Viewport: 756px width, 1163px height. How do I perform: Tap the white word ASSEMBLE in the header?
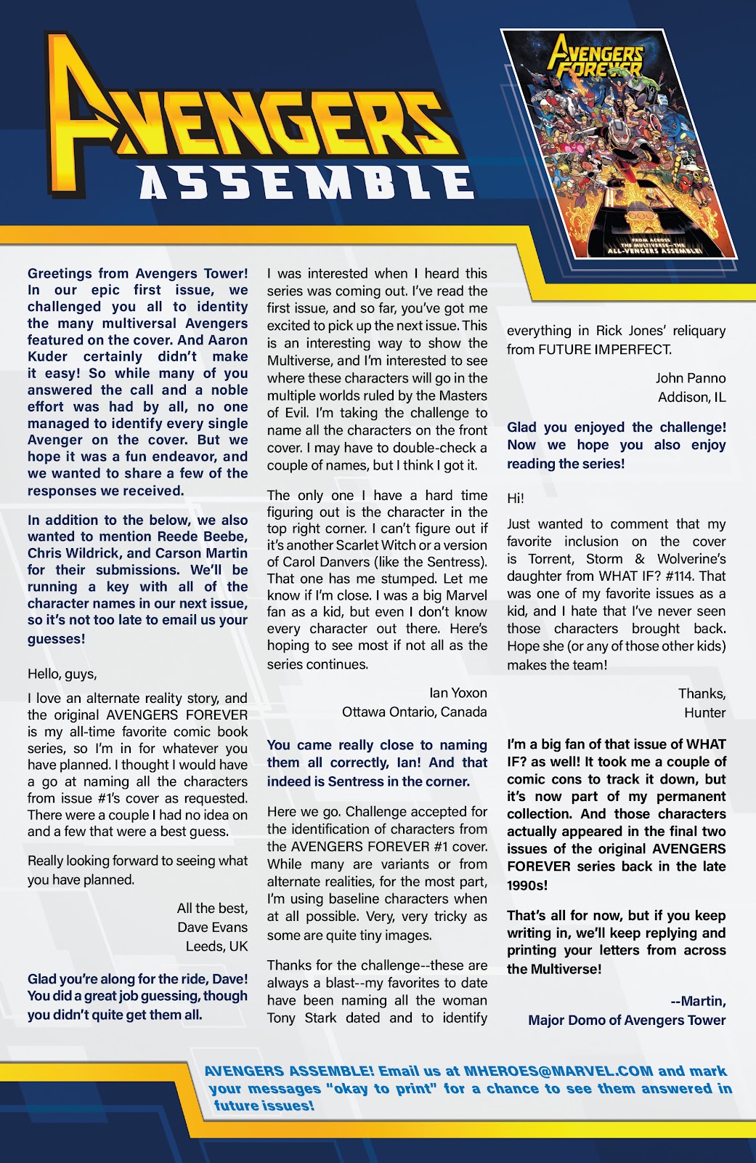click(x=306, y=182)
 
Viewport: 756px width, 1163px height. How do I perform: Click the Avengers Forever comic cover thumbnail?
click(x=619, y=144)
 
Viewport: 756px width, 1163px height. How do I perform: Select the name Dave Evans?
click(x=212, y=927)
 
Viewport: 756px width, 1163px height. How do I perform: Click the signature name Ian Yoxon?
click(x=458, y=693)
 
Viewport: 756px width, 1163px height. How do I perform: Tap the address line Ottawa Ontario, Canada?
click(x=414, y=712)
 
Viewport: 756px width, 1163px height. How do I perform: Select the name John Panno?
click(x=690, y=378)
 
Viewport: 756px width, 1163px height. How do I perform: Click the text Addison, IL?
click(x=691, y=397)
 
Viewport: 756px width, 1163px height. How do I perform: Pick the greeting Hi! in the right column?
click(x=516, y=499)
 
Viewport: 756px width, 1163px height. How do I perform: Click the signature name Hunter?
click(x=704, y=712)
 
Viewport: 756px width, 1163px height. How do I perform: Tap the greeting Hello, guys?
click(x=62, y=674)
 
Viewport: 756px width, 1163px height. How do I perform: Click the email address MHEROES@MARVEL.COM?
click(x=558, y=1071)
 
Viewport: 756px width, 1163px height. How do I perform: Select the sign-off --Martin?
click(x=698, y=1001)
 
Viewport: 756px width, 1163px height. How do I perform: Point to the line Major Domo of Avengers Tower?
click(x=627, y=1020)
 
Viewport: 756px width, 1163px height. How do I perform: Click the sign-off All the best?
click(x=212, y=909)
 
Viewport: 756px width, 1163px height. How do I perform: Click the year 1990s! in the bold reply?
click(x=527, y=885)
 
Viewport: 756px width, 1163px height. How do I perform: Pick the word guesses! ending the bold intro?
click(x=57, y=639)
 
